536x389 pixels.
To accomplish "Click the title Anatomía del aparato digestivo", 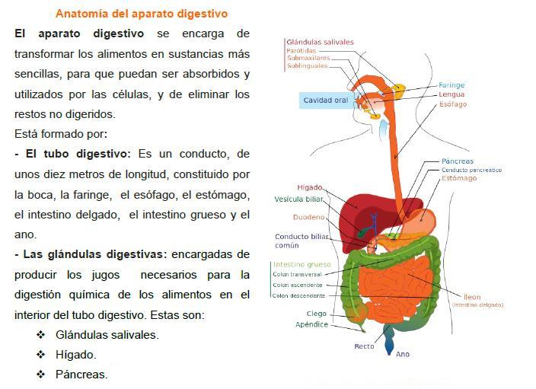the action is [x=142, y=14].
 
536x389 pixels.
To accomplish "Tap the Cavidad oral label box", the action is [x=325, y=100].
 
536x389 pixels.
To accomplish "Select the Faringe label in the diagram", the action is [x=451, y=85].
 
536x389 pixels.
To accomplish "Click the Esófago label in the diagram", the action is [x=453, y=104].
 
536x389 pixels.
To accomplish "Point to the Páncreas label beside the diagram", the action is [x=458, y=161].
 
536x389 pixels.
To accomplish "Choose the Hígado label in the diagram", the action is [x=309, y=187].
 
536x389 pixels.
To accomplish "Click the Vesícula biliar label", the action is [x=298, y=199].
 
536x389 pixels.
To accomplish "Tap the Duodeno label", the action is [x=310, y=218].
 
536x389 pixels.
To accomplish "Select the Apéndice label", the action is [x=311, y=324].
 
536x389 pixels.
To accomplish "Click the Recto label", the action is [x=364, y=346].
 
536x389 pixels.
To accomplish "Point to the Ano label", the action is [x=403, y=354].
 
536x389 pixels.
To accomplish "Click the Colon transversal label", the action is [x=298, y=274].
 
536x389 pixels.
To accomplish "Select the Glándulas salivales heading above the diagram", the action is [x=320, y=42].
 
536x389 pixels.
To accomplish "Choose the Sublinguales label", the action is [x=307, y=66].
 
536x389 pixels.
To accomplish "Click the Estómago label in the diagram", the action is [x=459, y=179].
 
